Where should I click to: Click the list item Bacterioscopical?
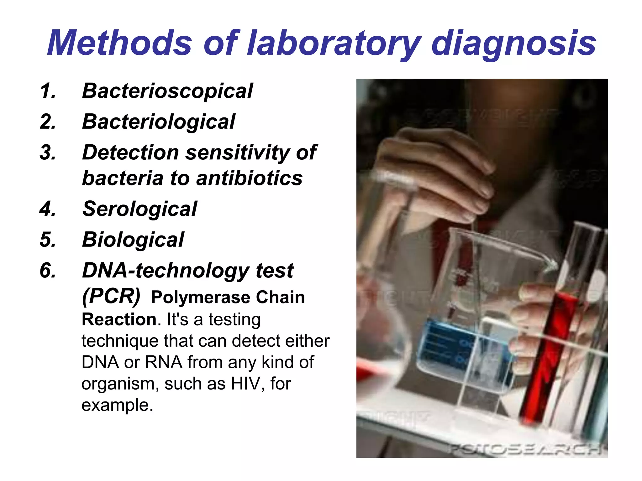(167, 91)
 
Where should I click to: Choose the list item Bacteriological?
(158, 122)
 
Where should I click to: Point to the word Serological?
(139, 209)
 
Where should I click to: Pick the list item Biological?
(133, 240)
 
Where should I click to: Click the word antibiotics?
(249, 178)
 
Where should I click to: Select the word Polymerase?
(201, 297)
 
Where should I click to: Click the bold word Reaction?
(119, 320)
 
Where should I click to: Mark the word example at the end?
(117, 405)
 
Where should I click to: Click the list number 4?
(48, 209)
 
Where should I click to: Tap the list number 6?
(48, 271)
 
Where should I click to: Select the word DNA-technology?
(166, 271)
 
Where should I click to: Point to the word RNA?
(163, 362)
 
